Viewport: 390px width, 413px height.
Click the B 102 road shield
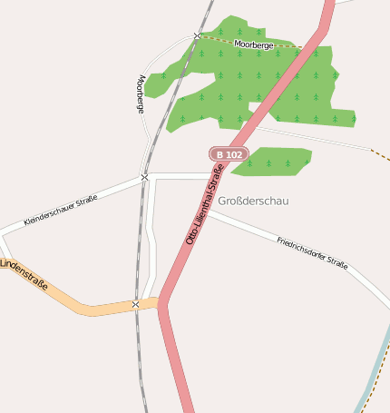point(229,154)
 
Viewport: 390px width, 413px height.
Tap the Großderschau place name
point(253,201)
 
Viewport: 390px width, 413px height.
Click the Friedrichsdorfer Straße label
point(312,251)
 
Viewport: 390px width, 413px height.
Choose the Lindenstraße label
point(24,275)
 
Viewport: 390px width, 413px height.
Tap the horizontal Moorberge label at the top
point(253,44)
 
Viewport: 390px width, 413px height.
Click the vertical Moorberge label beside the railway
point(140,93)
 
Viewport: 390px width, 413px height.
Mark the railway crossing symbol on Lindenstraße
point(135,304)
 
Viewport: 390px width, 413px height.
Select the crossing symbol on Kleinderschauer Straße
point(144,177)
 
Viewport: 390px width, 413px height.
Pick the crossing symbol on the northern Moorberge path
point(197,35)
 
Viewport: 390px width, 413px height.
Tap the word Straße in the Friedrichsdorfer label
point(336,262)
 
